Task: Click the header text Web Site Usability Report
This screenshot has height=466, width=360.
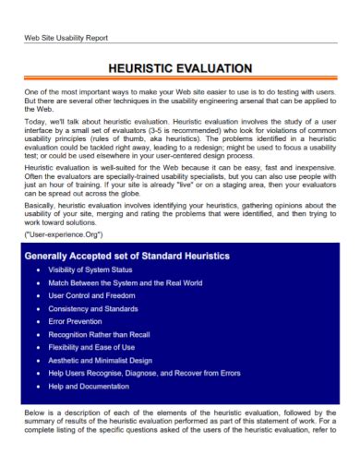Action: pos(66,38)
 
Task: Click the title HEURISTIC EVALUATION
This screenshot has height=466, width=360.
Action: pos(180,68)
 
